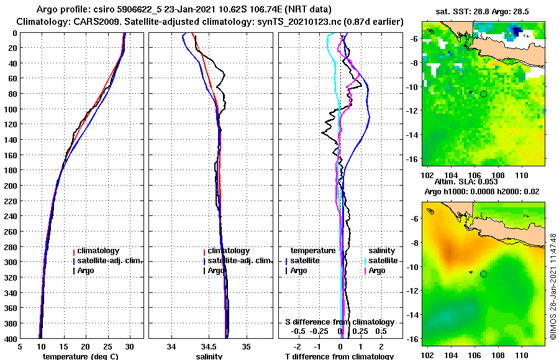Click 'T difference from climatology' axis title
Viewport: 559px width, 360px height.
[339, 356]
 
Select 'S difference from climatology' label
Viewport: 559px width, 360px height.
[339, 322]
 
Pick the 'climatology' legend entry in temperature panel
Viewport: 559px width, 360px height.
[98, 251]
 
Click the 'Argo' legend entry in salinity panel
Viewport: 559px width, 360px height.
[216, 271]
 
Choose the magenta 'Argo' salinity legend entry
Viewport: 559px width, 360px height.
[377, 271]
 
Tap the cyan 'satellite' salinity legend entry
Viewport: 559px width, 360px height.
[383, 261]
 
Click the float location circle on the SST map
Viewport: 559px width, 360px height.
[483, 94]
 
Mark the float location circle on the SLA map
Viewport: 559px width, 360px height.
[483, 274]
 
